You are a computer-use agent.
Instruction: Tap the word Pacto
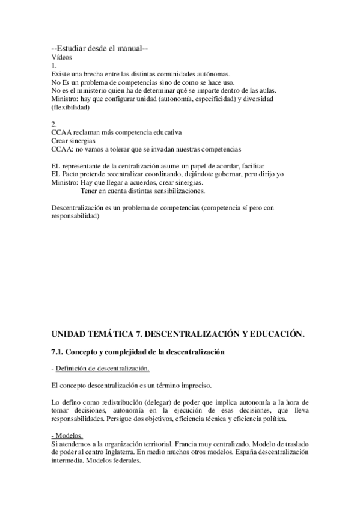click(x=71, y=174)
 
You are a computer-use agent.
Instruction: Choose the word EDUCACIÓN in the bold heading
click(x=269, y=333)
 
